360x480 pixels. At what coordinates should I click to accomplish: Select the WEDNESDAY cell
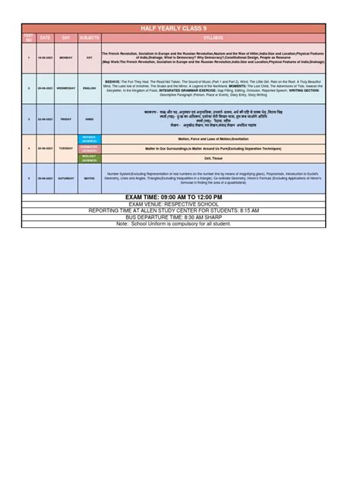pos(65,88)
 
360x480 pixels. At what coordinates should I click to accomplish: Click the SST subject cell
pos(89,57)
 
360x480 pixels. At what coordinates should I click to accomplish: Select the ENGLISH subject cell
pos(89,88)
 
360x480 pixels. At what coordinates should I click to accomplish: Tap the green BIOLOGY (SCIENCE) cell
pos(89,159)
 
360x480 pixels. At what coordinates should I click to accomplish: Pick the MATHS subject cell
pos(89,178)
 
